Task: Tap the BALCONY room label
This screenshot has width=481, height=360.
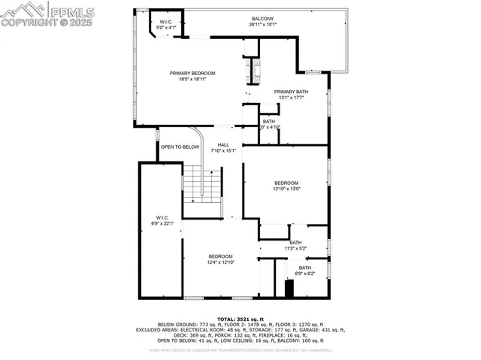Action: [262, 18]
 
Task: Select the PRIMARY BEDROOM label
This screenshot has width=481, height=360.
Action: [192, 73]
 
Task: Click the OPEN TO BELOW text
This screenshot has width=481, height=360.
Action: [180, 147]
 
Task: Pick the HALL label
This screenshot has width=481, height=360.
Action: [223, 145]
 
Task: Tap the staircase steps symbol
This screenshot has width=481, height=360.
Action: [203, 185]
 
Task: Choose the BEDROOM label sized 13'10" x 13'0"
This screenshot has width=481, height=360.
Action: [286, 183]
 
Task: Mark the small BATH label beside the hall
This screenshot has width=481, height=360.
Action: [269, 121]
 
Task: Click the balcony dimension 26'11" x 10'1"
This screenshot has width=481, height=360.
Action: [262, 24]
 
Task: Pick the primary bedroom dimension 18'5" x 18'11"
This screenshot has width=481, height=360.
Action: [192, 79]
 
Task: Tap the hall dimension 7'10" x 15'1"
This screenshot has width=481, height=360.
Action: [223, 151]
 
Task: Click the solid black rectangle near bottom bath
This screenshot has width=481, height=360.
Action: [289, 288]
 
